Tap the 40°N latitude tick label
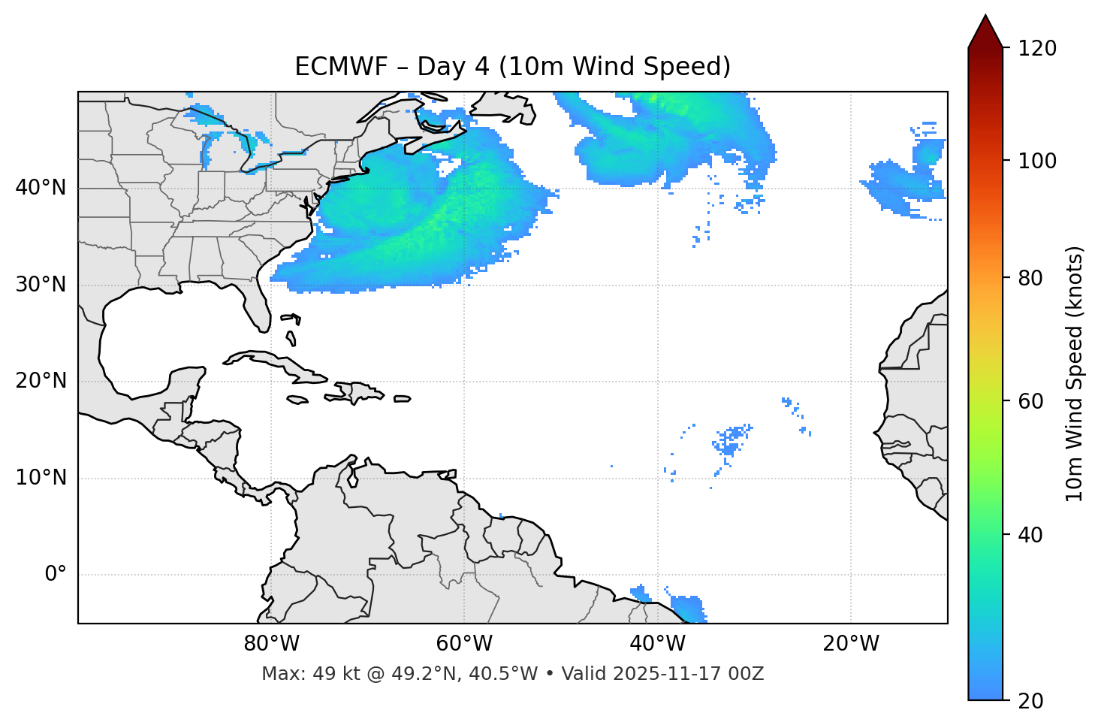pyautogui.click(x=41, y=188)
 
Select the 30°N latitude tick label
pyautogui.click(x=41, y=285)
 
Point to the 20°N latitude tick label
pyautogui.click(x=41, y=381)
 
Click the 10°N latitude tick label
pyautogui.click(x=41, y=478)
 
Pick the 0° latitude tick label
pyautogui.click(x=56, y=575)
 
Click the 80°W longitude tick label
pyautogui.click(x=271, y=644)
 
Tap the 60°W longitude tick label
pyautogui.click(x=464, y=644)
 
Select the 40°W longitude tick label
pyautogui.click(x=657, y=644)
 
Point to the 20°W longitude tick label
pyautogui.click(x=850, y=644)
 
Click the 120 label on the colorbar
pyautogui.click(x=1037, y=48)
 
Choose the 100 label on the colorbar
pyautogui.click(x=1037, y=161)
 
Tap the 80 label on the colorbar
pyautogui.click(x=1030, y=278)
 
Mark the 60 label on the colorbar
pyautogui.click(x=1030, y=401)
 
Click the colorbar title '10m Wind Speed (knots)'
pyautogui.click(x=1075, y=373)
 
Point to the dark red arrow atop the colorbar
pyautogui.click(x=985, y=32)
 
